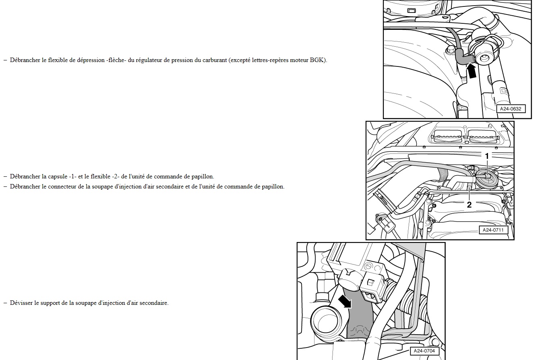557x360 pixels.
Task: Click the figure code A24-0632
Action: tap(511, 109)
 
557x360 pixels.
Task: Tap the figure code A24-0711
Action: tap(493, 230)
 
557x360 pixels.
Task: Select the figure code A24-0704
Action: tap(424, 351)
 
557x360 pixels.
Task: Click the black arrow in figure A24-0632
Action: tap(471, 71)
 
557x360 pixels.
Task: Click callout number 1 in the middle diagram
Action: tap(487, 156)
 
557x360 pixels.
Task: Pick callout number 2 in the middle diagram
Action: tap(469, 205)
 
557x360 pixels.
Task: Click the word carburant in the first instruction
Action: tap(214, 60)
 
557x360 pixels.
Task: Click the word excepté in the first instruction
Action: tap(240, 60)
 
